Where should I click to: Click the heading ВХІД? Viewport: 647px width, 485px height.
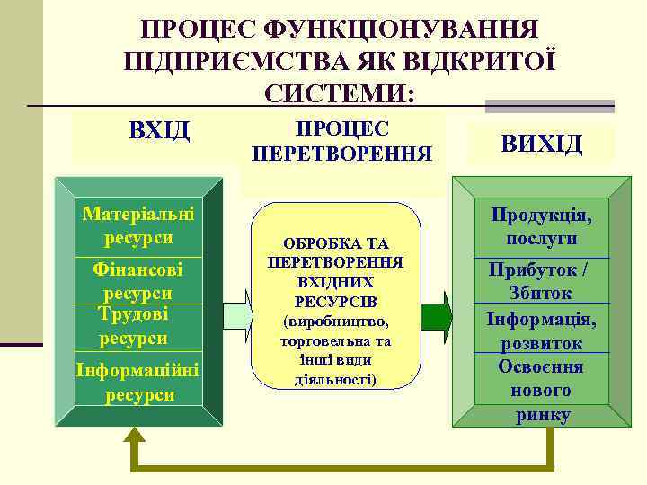click(160, 131)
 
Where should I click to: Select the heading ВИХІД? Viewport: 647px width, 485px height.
click(542, 143)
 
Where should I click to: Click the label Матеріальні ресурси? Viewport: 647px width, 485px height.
click(138, 227)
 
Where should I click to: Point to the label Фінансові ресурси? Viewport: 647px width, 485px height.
click(137, 280)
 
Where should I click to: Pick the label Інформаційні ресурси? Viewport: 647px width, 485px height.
click(137, 382)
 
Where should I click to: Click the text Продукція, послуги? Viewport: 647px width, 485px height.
click(541, 228)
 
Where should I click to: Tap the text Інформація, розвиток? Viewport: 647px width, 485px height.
click(541, 331)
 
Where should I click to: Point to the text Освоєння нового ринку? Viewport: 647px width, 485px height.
click(541, 391)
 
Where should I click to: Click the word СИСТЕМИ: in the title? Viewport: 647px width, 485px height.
click(340, 93)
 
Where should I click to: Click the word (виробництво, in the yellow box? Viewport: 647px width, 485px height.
click(336, 321)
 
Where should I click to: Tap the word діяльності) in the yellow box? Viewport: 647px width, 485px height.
click(336, 378)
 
